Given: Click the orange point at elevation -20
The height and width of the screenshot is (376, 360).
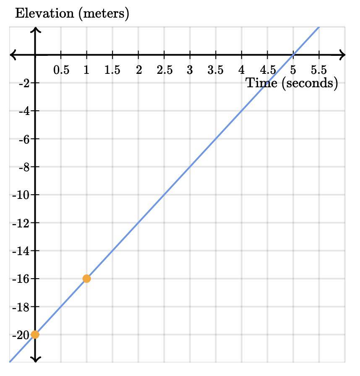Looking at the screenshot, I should [35, 334].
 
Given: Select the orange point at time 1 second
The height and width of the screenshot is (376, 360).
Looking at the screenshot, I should [86, 279].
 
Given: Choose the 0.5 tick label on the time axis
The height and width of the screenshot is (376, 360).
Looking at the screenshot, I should [61, 70].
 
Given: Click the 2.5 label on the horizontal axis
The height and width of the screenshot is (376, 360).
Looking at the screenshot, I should [164, 70].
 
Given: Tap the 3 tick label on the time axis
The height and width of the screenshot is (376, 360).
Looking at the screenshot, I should [190, 70].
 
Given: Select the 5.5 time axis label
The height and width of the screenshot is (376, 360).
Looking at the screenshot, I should [319, 70].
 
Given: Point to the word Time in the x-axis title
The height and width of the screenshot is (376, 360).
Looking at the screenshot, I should [261, 83].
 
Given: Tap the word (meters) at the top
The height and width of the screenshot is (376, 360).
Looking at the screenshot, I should [103, 13].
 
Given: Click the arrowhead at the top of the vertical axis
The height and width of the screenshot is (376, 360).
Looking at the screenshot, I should [35, 30].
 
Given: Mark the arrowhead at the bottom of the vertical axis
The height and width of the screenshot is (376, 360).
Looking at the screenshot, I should [35, 359].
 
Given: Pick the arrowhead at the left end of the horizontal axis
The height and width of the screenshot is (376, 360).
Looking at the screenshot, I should [13, 55].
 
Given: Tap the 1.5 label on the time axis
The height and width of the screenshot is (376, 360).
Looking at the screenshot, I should [112, 70].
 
